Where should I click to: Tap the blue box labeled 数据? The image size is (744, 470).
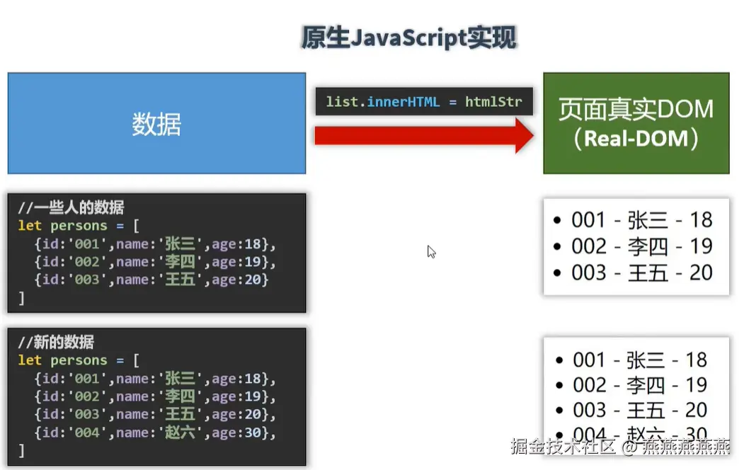click(156, 123)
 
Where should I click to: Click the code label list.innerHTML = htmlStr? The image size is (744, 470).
click(423, 102)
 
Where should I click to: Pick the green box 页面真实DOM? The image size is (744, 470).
click(636, 110)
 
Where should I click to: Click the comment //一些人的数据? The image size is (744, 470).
click(71, 208)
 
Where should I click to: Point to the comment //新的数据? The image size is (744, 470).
click(56, 343)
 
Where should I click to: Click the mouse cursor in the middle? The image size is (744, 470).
click(431, 251)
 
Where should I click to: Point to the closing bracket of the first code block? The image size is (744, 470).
click(21, 298)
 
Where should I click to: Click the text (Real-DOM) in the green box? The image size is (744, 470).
click(636, 138)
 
